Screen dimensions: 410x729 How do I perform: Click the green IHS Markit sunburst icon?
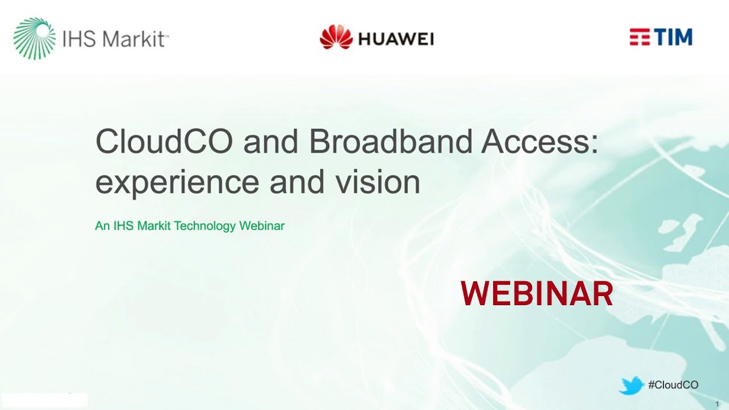tap(35, 38)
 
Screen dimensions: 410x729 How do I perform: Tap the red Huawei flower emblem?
tap(336, 37)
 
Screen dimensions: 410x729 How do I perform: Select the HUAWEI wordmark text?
tap(396, 39)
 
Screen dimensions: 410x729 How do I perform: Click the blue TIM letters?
tap(674, 38)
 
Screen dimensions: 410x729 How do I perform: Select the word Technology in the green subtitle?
tap(205, 226)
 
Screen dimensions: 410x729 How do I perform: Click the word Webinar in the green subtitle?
tap(262, 226)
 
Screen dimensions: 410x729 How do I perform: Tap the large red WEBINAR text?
tap(536, 294)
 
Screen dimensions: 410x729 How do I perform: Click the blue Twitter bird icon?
tap(631, 386)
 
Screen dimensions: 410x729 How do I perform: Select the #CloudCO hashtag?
tap(673, 386)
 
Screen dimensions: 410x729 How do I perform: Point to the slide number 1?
tap(717, 404)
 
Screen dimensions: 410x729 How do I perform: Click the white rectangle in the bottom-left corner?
tap(44, 400)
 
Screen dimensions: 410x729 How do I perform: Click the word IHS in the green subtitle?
tap(123, 226)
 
